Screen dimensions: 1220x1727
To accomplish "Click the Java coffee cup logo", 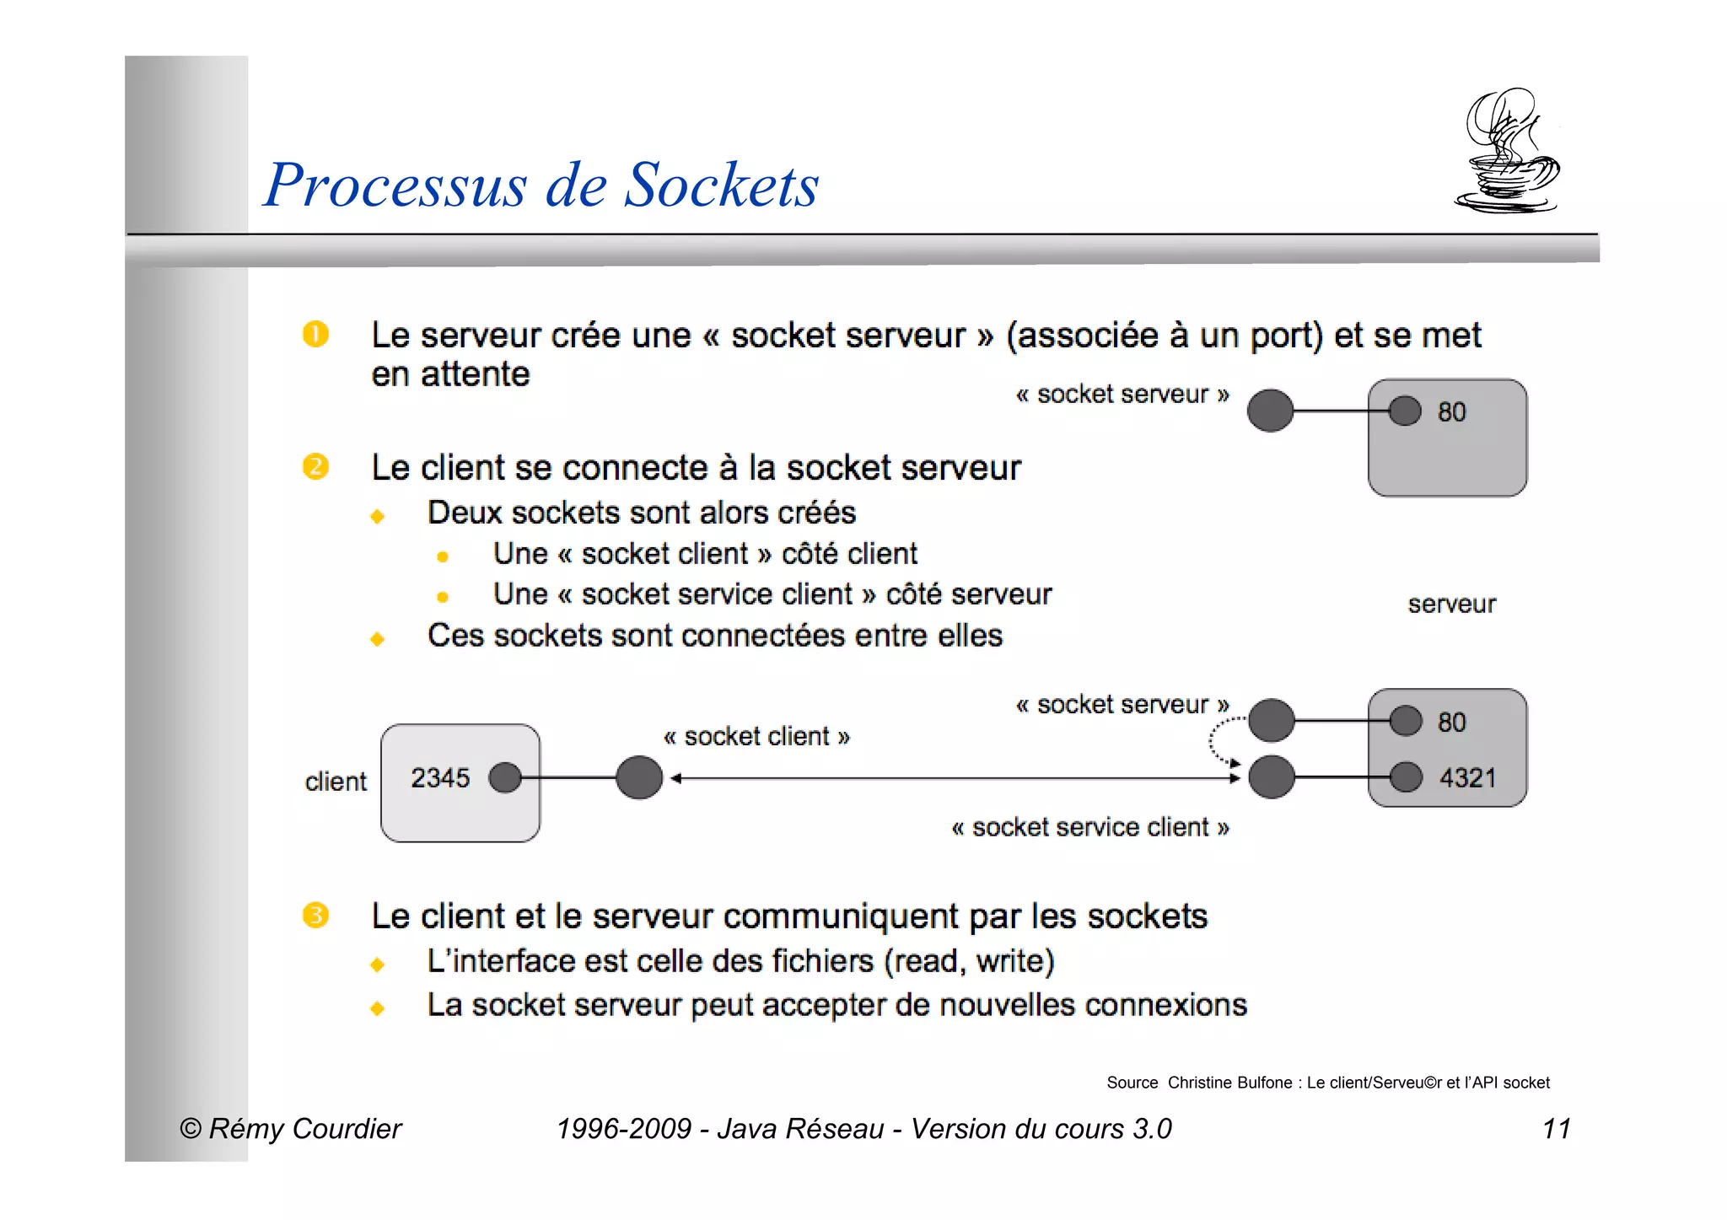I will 1507,152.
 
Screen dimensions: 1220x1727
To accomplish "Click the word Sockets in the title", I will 721,185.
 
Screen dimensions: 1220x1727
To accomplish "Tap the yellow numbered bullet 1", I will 315,335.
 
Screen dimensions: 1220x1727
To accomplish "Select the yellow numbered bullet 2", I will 315,466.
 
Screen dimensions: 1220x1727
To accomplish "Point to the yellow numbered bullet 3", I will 315,915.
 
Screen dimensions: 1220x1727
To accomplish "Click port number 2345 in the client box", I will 439,777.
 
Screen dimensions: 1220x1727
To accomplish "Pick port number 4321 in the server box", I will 1467,777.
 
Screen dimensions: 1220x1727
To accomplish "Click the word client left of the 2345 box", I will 336,782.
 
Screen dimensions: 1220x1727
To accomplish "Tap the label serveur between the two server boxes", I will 1451,604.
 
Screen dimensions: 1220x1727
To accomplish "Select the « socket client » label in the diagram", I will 756,736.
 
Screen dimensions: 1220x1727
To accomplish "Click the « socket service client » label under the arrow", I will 1089,827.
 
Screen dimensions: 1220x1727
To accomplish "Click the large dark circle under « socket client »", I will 639,777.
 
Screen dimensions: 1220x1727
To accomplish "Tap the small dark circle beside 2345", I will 505,777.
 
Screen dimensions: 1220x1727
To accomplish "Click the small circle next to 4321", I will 1405,777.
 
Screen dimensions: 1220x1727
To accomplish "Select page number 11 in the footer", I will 1556,1128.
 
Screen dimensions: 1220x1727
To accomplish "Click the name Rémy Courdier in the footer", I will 305,1128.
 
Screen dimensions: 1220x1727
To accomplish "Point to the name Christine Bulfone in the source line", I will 1229,1083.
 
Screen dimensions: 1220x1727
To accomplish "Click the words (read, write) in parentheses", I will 969,961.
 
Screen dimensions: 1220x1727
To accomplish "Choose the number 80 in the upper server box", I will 1451,411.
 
